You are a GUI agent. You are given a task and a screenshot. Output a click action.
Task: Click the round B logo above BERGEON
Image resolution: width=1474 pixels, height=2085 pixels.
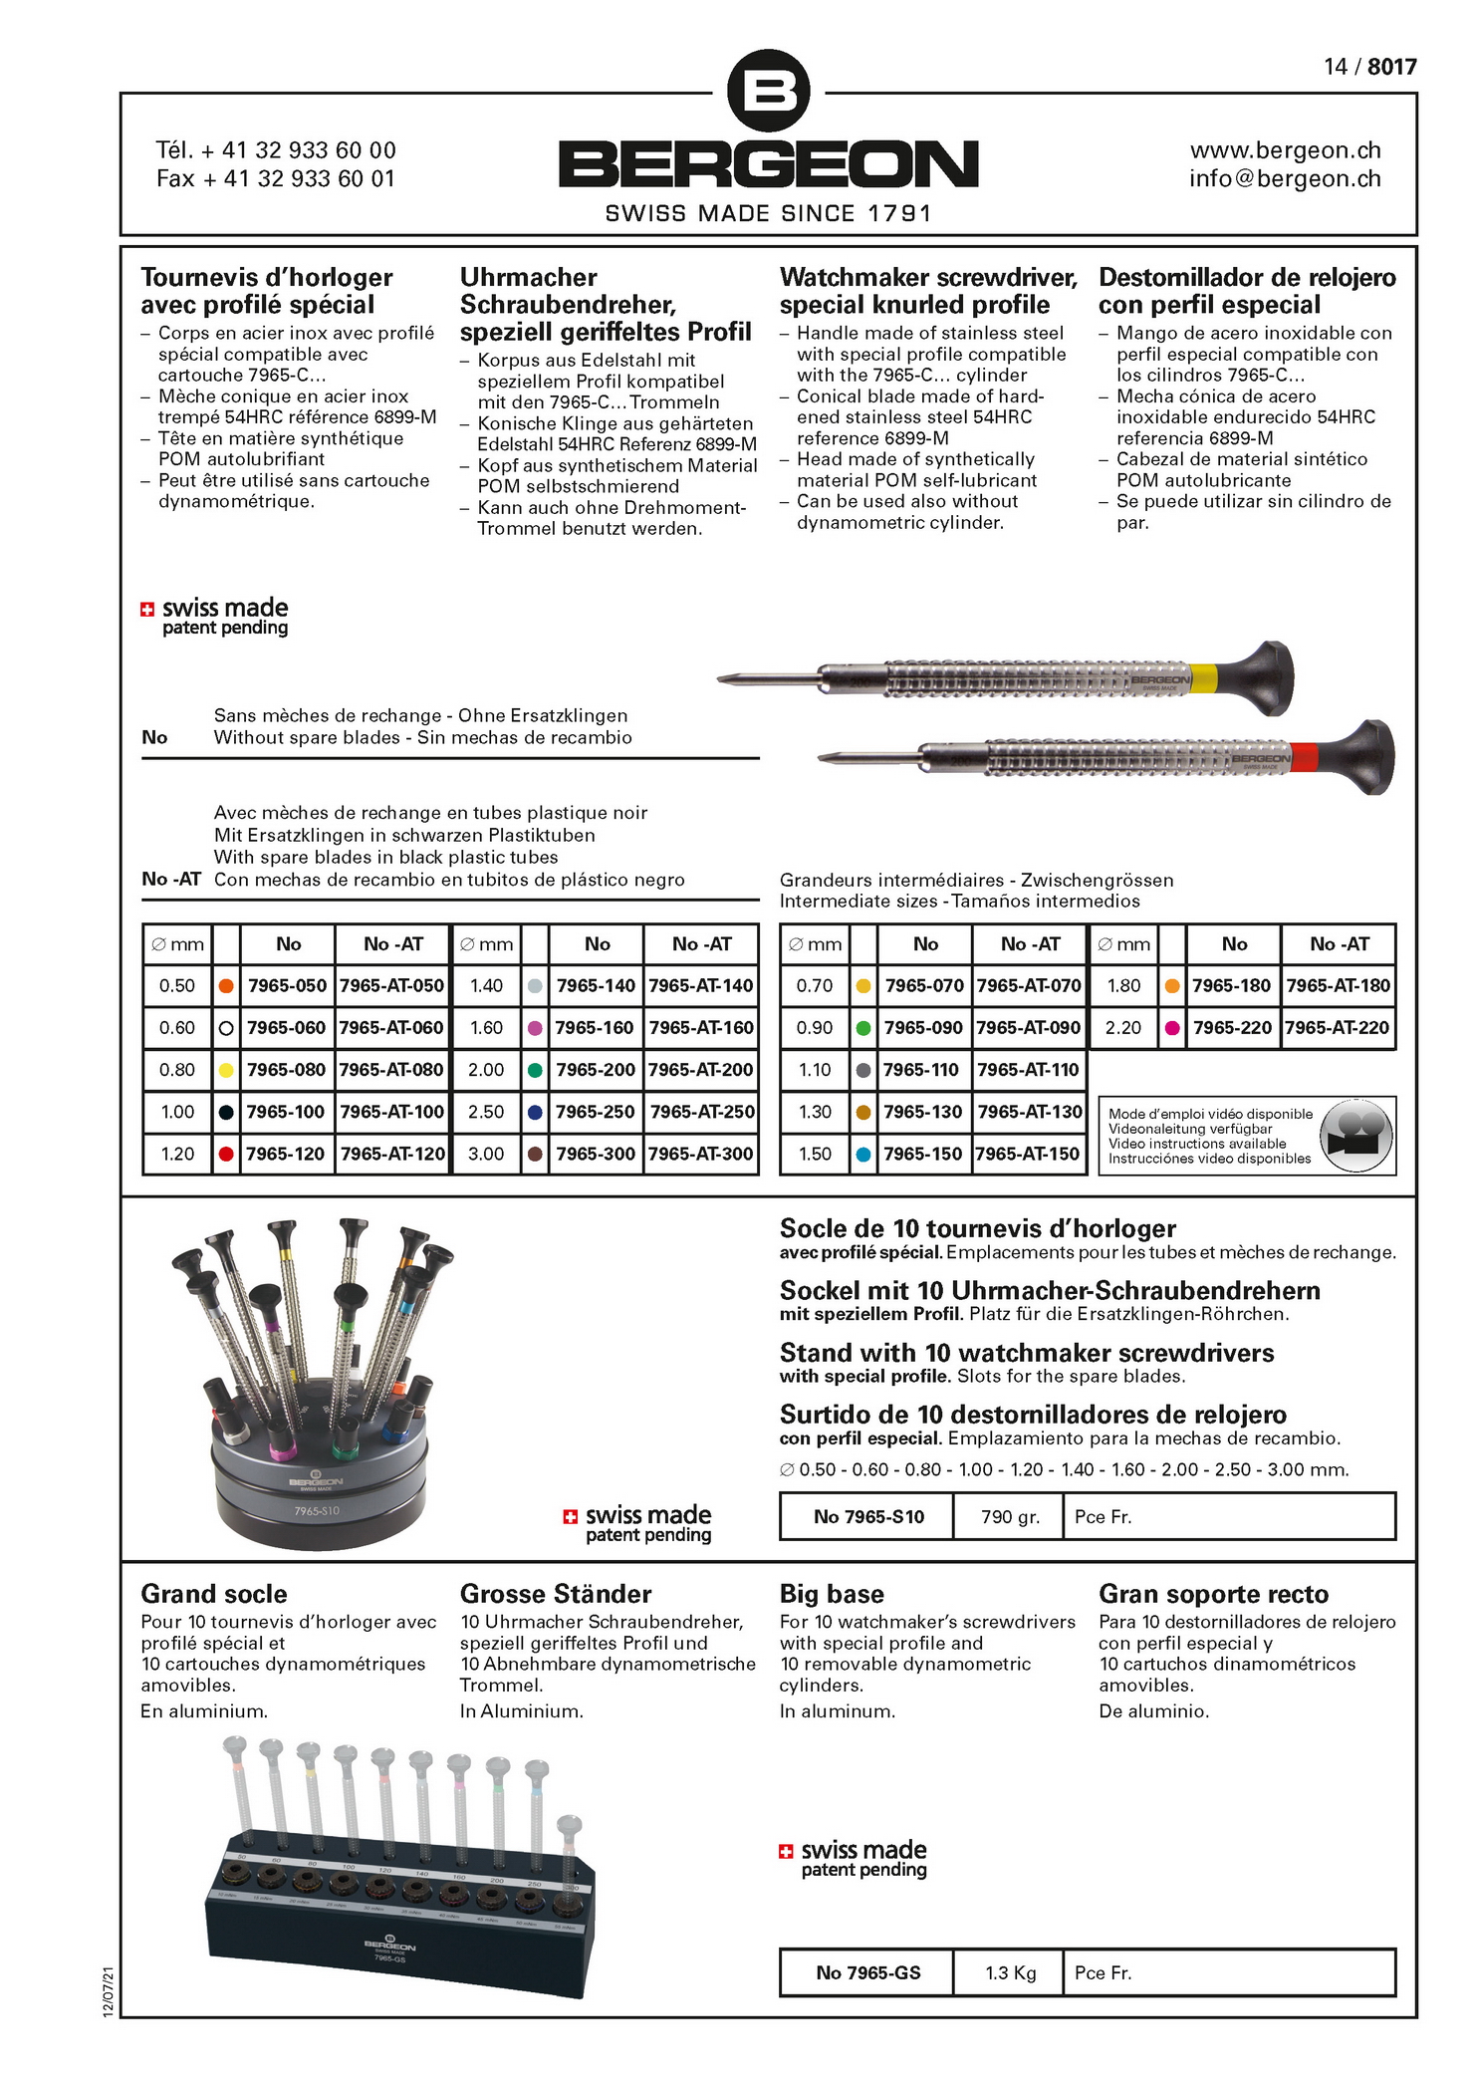[768, 91]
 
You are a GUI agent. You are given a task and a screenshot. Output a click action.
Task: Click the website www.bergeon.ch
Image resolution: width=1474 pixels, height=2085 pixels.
[1285, 150]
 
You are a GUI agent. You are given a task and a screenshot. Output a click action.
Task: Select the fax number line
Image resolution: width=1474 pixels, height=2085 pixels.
[276, 179]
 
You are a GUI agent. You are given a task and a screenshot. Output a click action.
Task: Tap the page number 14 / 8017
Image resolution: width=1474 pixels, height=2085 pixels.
[1369, 67]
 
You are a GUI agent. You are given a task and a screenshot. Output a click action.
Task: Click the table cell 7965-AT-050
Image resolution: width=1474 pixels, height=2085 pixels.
[391, 986]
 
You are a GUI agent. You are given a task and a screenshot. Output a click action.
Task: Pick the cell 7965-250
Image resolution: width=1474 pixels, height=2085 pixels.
[595, 1112]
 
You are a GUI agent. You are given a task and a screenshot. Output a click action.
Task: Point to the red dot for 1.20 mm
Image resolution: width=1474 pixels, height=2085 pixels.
[226, 1154]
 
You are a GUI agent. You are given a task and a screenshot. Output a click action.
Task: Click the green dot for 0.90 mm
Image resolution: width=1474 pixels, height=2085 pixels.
[863, 1028]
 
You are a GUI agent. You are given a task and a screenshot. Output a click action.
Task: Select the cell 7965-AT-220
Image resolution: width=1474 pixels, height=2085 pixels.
[1338, 1028]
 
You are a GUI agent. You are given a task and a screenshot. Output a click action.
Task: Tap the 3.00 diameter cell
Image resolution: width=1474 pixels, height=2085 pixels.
[486, 1154]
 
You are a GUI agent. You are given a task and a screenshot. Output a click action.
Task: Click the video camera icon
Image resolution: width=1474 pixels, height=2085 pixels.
[1354, 1137]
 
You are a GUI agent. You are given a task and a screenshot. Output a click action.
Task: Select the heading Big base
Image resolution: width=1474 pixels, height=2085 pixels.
[832, 1594]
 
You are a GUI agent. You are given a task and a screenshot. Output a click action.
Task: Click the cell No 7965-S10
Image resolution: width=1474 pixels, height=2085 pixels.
[868, 1517]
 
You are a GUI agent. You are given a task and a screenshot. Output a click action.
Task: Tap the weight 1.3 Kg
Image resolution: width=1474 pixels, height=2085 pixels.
[1010, 1972]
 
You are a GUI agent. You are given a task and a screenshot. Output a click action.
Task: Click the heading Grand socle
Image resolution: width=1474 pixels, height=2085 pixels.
[214, 1594]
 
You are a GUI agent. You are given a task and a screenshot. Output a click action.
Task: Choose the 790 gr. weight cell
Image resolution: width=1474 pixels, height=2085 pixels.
[1010, 1517]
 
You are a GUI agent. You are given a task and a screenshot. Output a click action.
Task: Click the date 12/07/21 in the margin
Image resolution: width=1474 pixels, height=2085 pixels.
[109, 1991]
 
